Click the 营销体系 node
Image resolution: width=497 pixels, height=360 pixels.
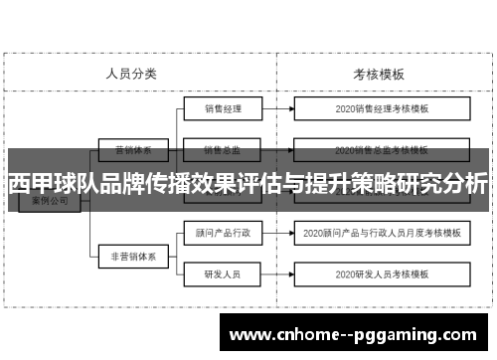pos(132,151)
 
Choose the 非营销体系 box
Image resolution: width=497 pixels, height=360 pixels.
pos(132,256)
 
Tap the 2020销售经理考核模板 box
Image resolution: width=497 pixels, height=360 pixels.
pos(381,108)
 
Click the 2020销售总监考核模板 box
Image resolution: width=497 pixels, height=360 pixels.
pos(381,151)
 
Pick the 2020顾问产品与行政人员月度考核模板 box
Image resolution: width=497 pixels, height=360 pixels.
pos(381,235)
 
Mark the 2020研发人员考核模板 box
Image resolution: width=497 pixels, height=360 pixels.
pos(381,272)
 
